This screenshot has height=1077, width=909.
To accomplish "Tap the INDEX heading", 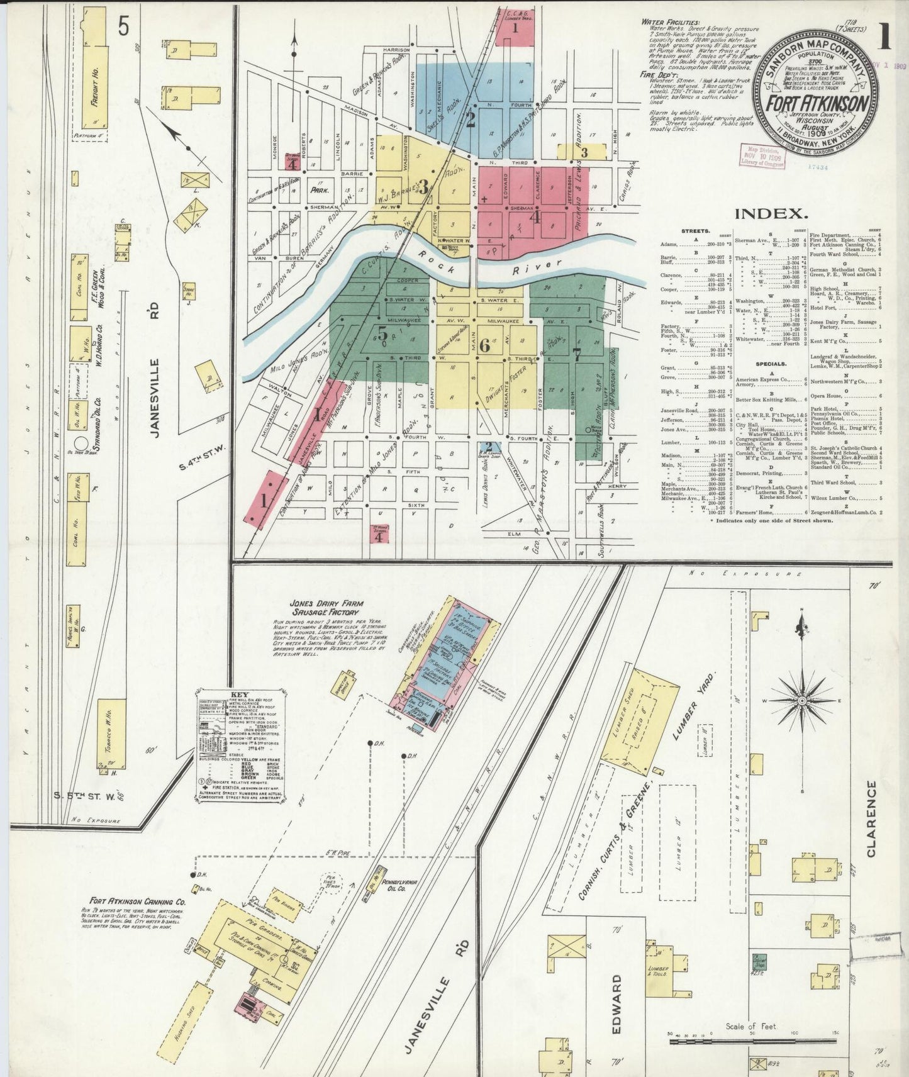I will pos(772,213).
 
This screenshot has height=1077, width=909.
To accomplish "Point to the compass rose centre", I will pos(801,701).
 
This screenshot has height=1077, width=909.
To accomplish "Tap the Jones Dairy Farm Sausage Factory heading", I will pos(325,607).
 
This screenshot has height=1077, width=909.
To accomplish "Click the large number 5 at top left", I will pos(123,27).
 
